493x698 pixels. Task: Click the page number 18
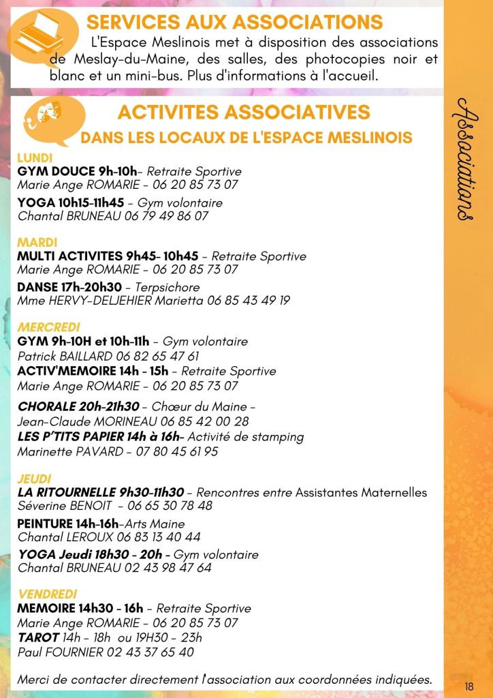469,686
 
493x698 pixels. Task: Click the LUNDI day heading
35,158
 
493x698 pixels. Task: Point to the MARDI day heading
37,243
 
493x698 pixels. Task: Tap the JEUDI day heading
35,479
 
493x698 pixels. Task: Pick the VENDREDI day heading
48,594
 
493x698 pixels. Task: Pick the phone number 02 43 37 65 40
150,652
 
